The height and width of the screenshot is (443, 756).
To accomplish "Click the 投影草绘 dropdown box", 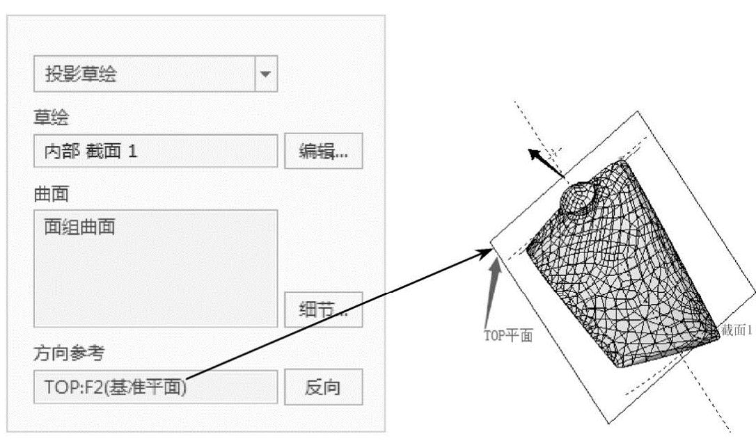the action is [x=143, y=74].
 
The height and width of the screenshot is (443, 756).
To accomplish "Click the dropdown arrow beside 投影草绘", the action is [x=265, y=74].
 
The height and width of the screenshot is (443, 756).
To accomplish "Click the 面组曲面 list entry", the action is [x=76, y=227].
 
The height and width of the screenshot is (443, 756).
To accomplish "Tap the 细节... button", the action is [x=323, y=309].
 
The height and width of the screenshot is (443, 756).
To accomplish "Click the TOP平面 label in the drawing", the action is [x=508, y=335].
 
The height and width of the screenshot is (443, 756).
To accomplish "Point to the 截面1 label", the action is [x=738, y=330].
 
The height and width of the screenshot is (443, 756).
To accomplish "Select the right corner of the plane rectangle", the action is [x=755, y=282].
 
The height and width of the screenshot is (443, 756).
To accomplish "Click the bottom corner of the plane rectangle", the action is [x=611, y=421].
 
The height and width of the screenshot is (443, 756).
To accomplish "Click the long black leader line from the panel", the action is [x=334, y=313].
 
